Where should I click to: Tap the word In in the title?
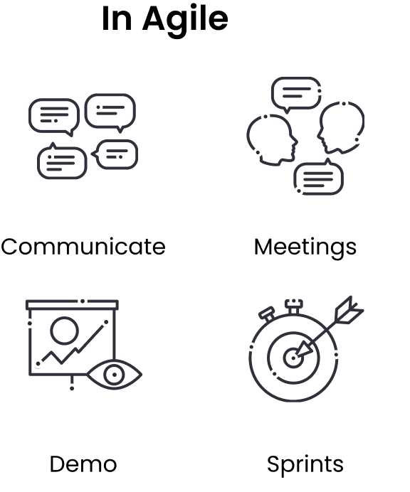(117, 18)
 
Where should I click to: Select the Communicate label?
(83, 247)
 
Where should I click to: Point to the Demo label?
(83, 464)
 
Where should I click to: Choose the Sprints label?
(305, 465)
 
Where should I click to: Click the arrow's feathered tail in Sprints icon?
(349, 311)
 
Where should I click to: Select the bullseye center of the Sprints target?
(293, 358)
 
